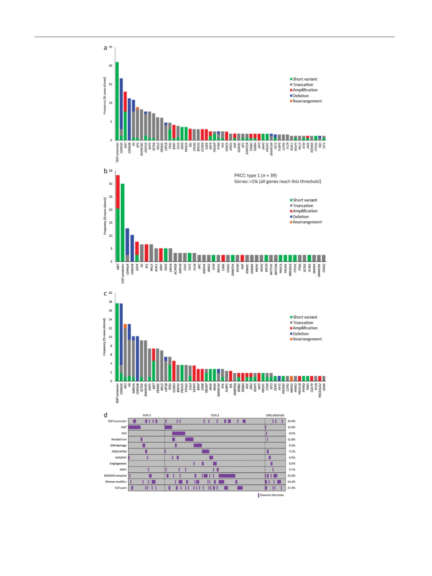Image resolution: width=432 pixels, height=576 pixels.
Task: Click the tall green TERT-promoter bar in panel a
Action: point(117,101)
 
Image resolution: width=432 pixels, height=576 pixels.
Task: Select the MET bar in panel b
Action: point(118,218)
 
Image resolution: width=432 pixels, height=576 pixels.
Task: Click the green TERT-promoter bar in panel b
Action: point(123,222)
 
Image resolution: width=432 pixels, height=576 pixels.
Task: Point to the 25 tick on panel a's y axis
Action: point(110,47)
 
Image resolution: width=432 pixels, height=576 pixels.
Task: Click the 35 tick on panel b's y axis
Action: point(110,171)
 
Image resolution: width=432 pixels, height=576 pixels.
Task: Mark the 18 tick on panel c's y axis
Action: point(110,302)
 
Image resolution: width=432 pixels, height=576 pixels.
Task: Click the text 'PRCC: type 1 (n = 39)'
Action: point(255,175)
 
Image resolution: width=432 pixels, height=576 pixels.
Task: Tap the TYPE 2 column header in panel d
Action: point(215,415)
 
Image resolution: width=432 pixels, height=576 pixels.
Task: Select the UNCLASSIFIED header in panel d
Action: point(275,415)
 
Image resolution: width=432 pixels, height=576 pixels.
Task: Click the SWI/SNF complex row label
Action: point(116,476)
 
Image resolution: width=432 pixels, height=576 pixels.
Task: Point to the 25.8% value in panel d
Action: point(291,476)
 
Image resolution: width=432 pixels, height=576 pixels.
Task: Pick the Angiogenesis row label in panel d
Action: point(118,463)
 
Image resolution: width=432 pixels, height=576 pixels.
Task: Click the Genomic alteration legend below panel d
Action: point(271,495)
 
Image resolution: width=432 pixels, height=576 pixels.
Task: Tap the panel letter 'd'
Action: point(106,415)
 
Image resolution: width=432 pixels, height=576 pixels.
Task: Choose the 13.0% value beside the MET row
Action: point(291,427)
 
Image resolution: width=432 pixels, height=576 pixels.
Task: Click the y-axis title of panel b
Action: point(105,216)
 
